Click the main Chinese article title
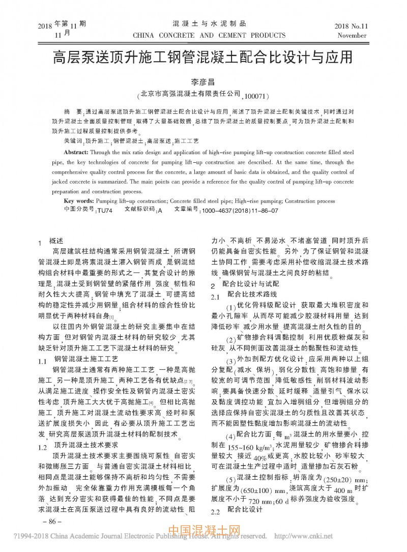[203, 57]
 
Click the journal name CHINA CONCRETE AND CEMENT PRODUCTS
[209, 36]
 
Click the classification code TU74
[104, 210]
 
